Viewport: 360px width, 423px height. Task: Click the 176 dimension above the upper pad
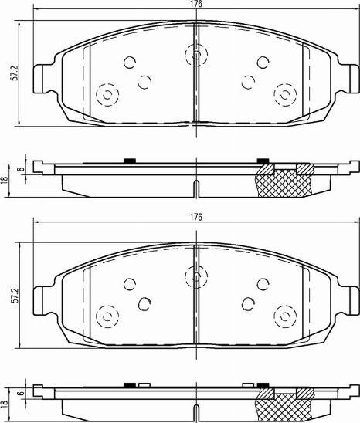[197, 5]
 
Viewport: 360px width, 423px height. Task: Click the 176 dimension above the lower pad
[197, 217]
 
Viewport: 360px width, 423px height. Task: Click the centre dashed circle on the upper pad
[197, 55]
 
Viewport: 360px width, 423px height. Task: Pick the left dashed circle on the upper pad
[106, 95]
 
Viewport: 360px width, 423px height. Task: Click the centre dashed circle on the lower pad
[197, 274]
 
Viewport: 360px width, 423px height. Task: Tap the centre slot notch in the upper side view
[197, 188]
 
